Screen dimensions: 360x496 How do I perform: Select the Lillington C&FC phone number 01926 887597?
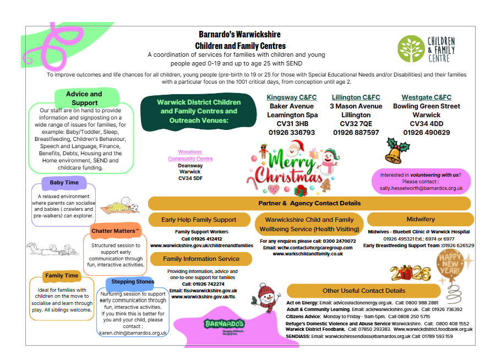(356, 133)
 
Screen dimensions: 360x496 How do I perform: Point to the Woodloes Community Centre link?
(190, 155)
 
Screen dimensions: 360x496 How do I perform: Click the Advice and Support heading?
(84, 98)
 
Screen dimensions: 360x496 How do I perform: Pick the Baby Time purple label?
(64, 183)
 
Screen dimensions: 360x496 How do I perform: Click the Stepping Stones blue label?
(133, 282)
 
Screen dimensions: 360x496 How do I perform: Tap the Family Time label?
(62, 275)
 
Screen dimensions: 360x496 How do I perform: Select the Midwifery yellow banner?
(420, 220)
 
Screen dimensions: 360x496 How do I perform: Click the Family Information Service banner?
(201, 259)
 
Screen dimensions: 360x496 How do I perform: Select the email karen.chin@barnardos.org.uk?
(133, 333)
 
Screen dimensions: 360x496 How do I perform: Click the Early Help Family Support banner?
(199, 220)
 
